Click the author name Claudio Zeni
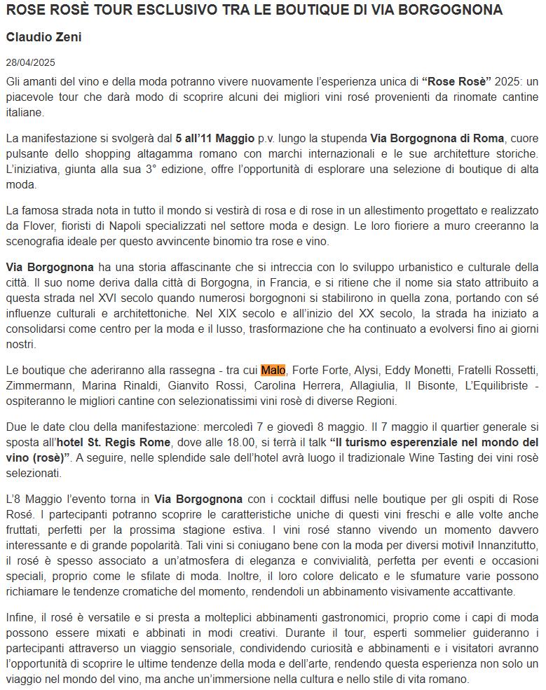[x=43, y=37]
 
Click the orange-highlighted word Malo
[x=273, y=370]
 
